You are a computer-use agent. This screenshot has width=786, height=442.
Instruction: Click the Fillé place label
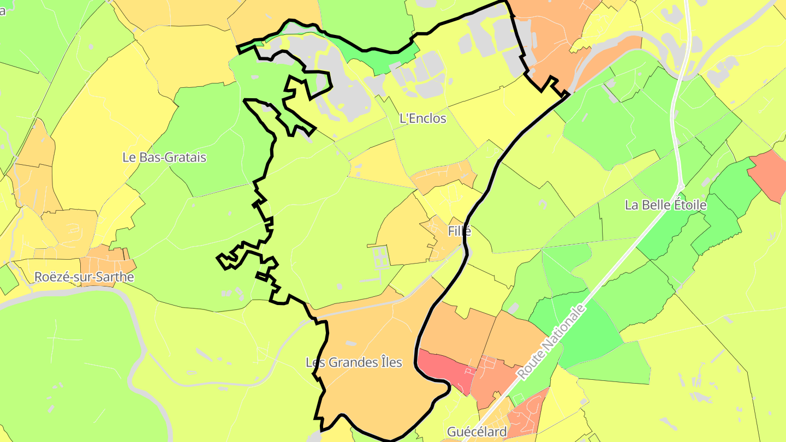point(459,231)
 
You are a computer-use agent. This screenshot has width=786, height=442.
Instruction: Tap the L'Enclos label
point(422,118)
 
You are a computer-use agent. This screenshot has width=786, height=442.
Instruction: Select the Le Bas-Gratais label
point(164,157)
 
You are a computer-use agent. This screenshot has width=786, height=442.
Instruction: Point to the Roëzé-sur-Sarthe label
point(84,277)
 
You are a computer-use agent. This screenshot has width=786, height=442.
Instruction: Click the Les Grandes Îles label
point(354,362)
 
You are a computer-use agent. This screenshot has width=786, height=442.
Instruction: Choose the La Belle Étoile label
point(665,205)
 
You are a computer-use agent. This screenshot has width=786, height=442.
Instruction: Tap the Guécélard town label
point(477,432)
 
